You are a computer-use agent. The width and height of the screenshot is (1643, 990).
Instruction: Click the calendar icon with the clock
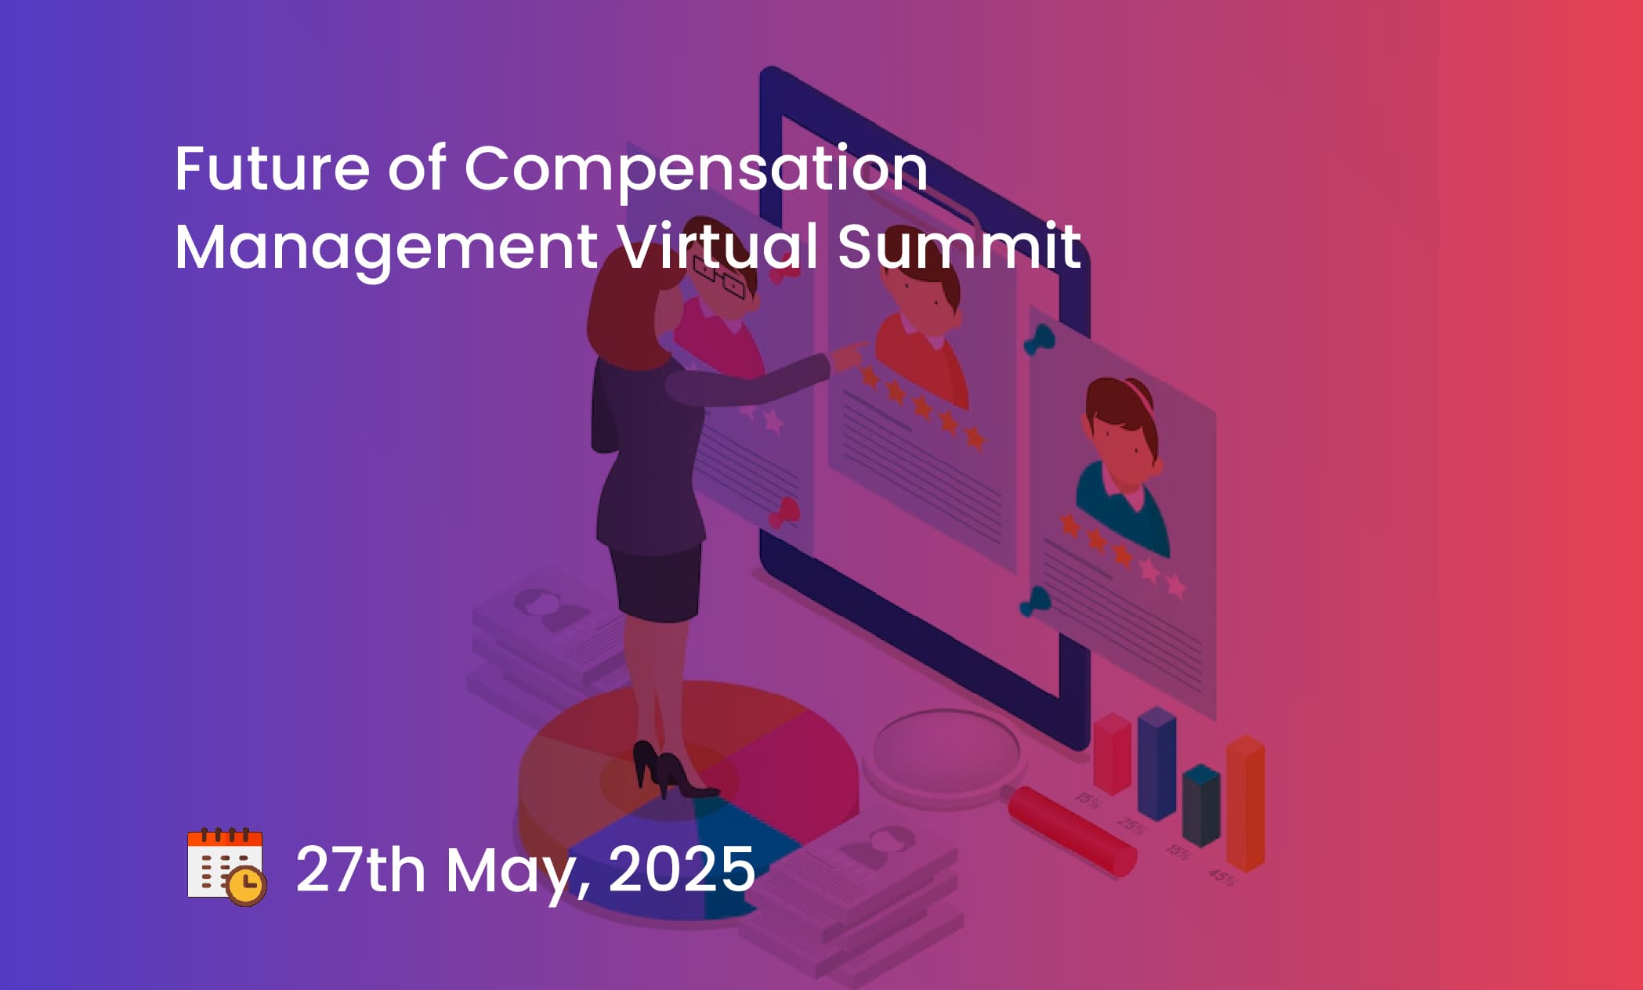(227, 866)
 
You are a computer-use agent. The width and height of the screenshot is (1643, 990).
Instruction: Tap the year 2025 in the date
(681, 869)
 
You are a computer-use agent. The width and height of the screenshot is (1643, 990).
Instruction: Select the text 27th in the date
(360, 869)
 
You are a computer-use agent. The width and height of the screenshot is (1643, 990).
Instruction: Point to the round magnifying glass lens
(946, 753)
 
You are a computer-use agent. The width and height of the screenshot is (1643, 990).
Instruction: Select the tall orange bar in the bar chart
(1246, 803)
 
